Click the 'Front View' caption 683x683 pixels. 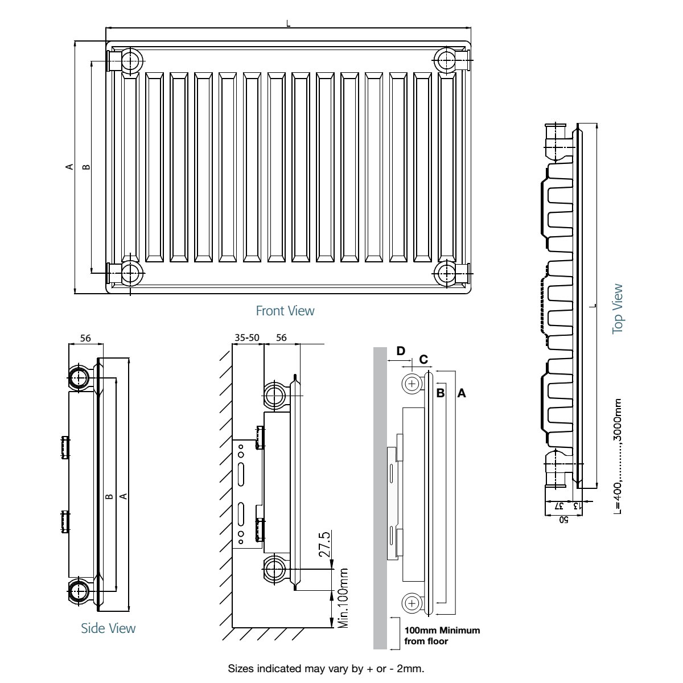click(x=285, y=311)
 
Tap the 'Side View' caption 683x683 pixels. click(x=108, y=628)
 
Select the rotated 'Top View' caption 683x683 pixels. click(x=618, y=308)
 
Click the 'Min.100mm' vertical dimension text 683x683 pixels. click(x=343, y=598)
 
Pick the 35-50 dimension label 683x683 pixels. click(x=247, y=338)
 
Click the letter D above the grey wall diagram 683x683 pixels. click(x=401, y=351)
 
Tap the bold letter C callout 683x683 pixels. click(x=423, y=359)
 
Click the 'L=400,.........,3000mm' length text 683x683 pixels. click(x=618, y=456)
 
